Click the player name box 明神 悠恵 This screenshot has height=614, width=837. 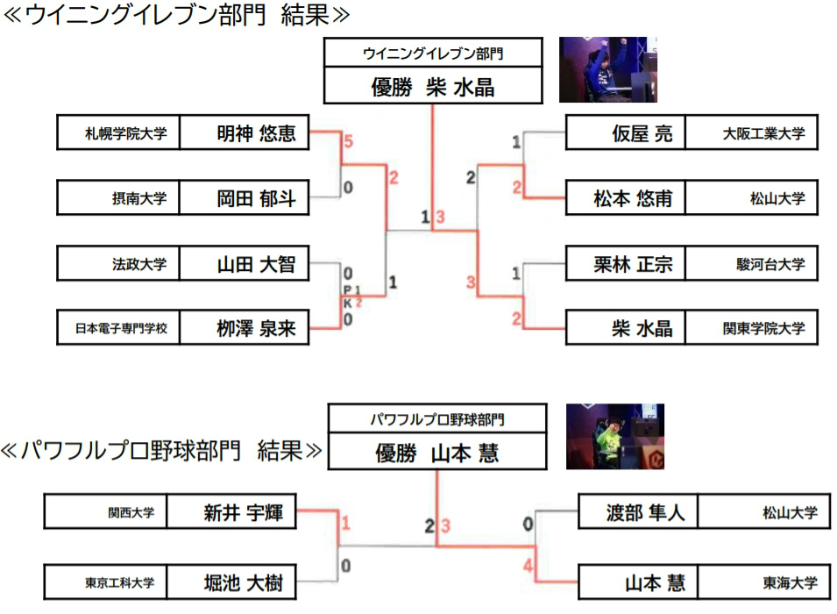[245, 133]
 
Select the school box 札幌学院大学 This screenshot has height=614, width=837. [118, 133]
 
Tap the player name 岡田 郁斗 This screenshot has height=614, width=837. [245, 198]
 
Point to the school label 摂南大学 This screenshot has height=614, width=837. [118, 198]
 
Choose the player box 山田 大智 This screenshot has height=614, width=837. [245, 263]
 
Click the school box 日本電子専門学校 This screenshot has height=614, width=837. [118, 328]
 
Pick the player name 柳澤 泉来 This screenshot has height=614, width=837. [245, 328]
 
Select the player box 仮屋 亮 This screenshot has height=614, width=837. [626, 133]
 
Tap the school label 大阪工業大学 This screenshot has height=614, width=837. [751, 133]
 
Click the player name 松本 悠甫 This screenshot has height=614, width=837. [626, 198]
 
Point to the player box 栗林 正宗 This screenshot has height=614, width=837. [626, 263]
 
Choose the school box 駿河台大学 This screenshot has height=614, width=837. [751, 263]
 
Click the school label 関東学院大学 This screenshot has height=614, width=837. [751, 328]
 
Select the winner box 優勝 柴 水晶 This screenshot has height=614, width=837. [434, 87]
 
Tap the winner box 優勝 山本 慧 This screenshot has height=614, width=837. [437, 453]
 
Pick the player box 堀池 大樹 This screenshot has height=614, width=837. [231, 581]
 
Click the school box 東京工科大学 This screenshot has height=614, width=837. [106, 581]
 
